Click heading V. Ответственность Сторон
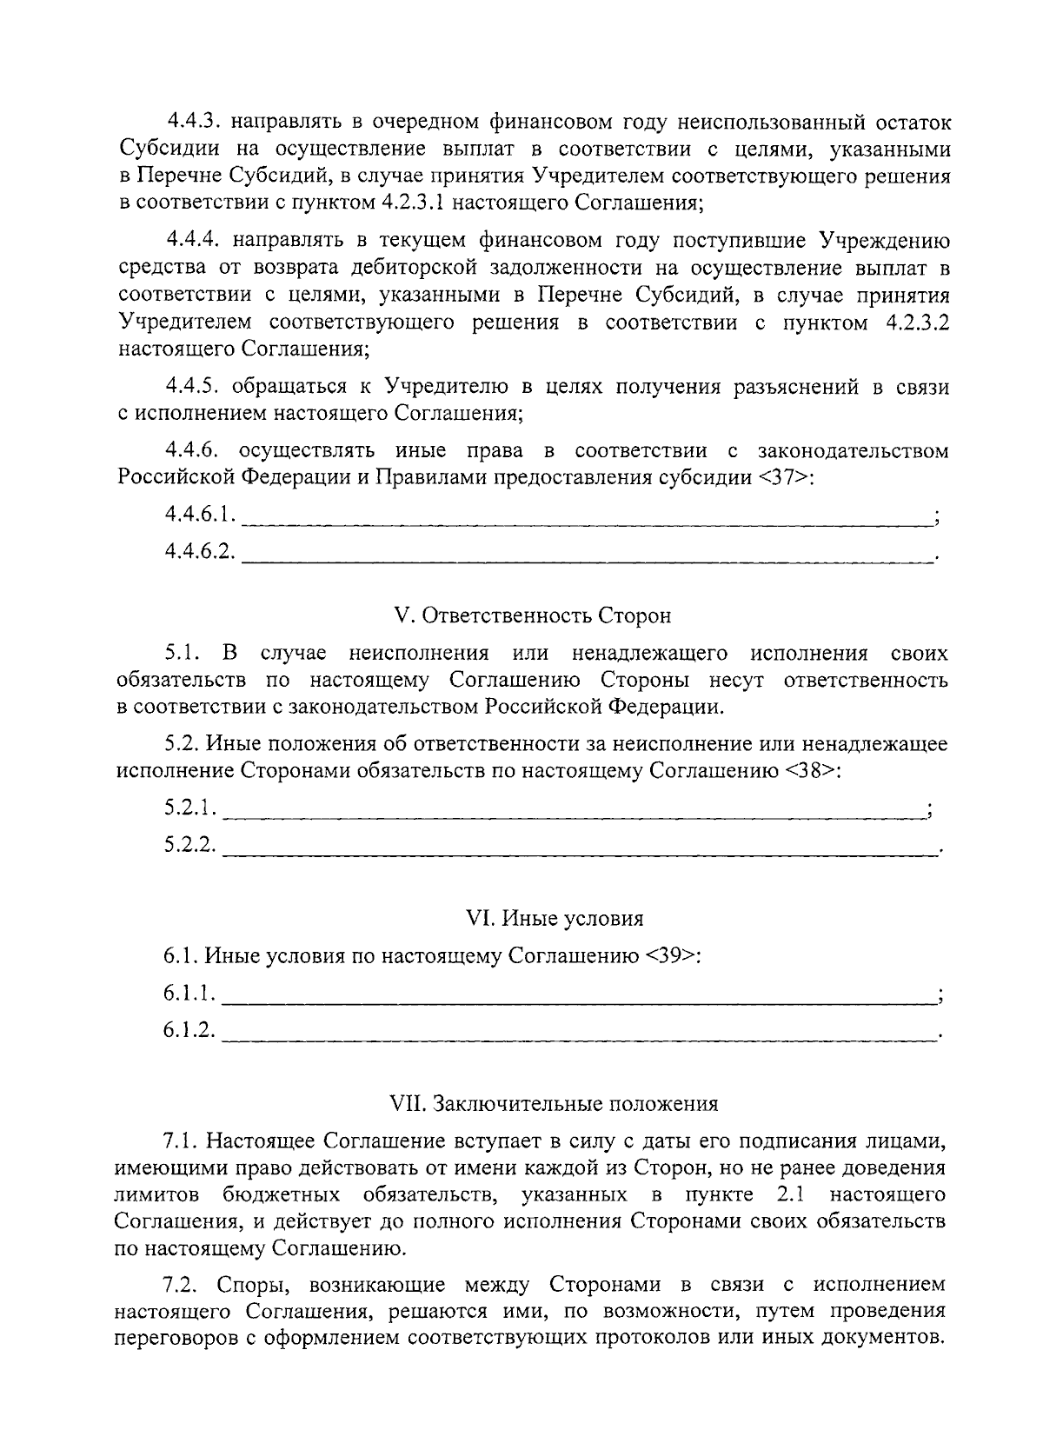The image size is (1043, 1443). click(x=533, y=615)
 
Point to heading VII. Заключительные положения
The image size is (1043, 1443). click(x=555, y=1104)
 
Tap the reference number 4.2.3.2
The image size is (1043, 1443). click(x=916, y=324)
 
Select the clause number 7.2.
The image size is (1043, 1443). click(x=180, y=1284)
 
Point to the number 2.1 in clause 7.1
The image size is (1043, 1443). click(x=787, y=1195)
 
